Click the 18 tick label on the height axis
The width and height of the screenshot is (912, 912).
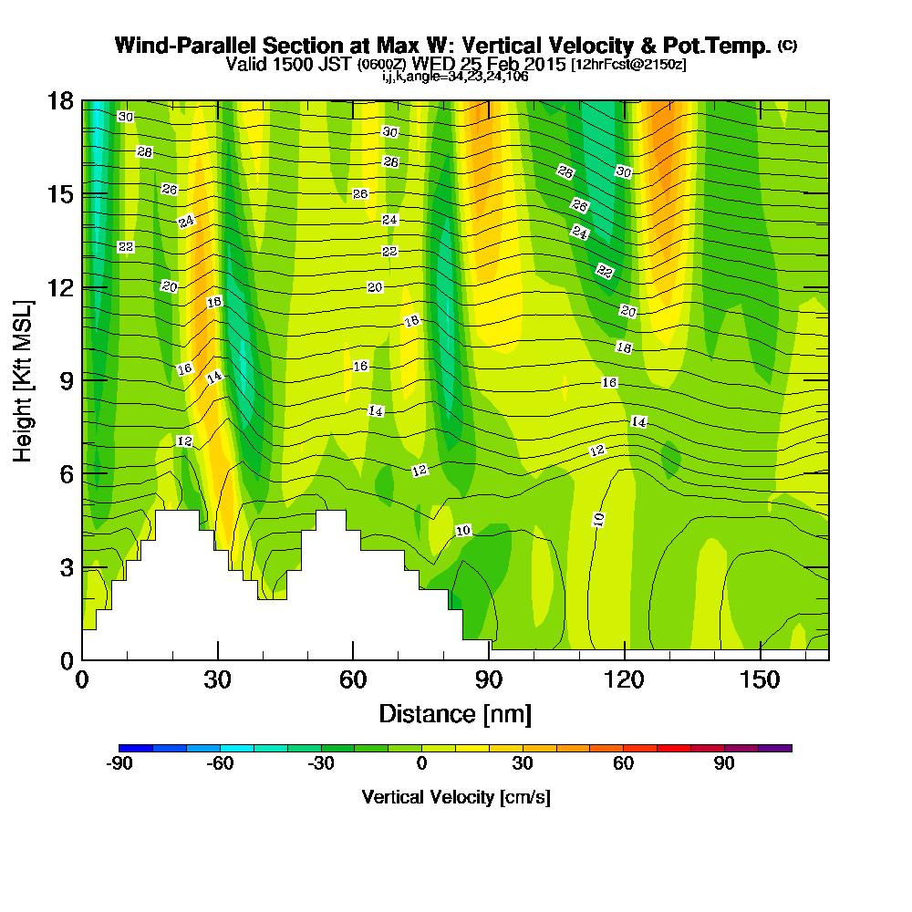coord(60,100)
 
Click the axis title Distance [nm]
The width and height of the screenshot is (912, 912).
coord(455,713)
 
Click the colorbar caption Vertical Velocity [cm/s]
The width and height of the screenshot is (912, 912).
coord(455,797)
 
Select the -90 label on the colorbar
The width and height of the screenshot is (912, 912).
coord(119,764)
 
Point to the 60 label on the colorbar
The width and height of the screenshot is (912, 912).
coord(623,764)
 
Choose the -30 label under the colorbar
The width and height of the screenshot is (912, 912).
coord(321,764)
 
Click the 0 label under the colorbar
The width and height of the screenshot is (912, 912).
coord(421,764)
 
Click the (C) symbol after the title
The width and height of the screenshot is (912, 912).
coord(787,45)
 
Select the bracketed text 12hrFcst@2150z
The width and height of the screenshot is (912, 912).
coord(629,65)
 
